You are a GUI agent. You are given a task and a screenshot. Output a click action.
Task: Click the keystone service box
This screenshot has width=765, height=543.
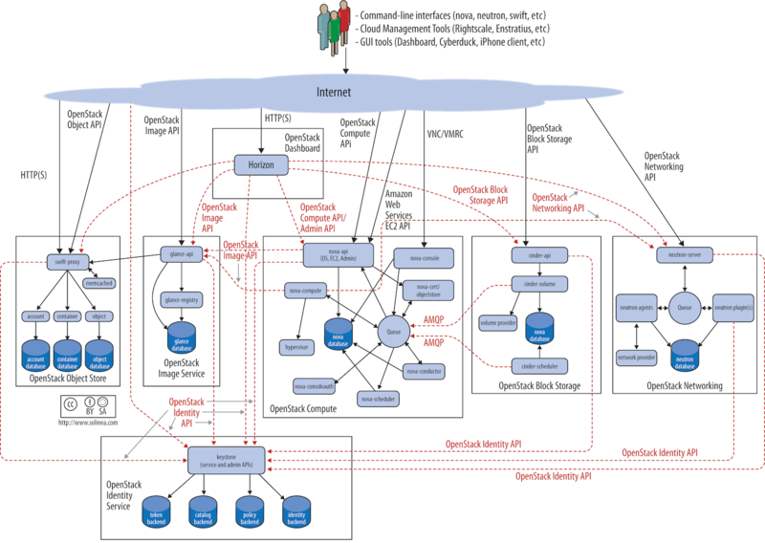pos(226,458)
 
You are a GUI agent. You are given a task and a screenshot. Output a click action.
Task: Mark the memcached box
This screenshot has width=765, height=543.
pos(100,284)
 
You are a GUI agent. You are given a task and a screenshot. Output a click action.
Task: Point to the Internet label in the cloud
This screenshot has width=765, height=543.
pos(334,93)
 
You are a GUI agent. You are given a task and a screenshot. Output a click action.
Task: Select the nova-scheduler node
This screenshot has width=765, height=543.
pos(379,397)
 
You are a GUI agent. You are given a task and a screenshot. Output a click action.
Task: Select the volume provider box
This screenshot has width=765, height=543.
pos(498,322)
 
